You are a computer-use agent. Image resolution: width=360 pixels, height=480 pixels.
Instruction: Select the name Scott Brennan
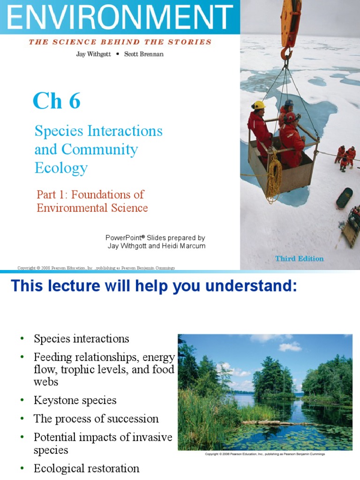[x=144, y=54]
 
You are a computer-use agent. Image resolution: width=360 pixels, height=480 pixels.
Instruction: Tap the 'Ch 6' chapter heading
[x=56, y=101]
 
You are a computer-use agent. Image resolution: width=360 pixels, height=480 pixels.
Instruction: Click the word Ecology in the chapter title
[x=61, y=168]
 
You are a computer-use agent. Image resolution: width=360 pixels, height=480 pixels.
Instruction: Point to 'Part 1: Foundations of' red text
[x=90, y=194]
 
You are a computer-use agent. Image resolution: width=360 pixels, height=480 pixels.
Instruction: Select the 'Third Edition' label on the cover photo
[x=299, y=258]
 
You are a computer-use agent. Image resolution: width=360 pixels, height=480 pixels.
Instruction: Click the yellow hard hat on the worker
[x=258, y=105]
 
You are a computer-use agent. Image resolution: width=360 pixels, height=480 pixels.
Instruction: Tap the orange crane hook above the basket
[x=285, y=52]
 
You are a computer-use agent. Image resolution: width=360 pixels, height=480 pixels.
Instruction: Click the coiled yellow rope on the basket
[x=274, y=178]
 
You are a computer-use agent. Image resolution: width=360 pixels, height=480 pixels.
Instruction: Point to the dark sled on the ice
[x=345, y=198]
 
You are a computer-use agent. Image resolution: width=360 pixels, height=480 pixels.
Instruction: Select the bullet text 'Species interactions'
[x=81, y=338]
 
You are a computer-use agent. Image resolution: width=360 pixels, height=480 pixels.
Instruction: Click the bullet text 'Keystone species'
[x=75, y=400]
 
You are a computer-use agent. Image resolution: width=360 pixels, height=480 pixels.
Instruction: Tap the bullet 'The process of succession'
[x=96, y=419]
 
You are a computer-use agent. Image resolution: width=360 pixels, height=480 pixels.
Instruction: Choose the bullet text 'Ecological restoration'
[x=86, y=468]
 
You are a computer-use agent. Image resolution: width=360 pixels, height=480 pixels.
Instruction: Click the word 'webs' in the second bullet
[x=46, y=382]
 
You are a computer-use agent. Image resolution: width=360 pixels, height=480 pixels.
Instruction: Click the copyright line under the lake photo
[x=265, y=454]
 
